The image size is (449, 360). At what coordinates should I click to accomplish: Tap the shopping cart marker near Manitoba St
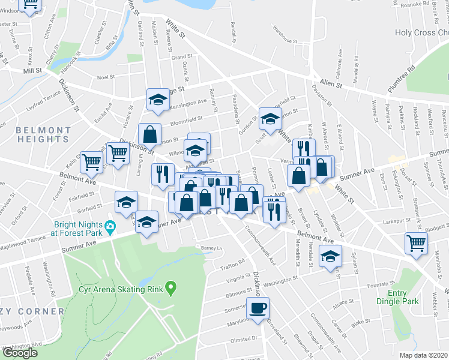point(417,244)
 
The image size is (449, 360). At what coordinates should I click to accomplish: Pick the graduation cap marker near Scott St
point(270,118)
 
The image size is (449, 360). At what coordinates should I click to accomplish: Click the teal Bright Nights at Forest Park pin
point(110,227)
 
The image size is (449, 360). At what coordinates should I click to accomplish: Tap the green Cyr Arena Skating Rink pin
point(171,289)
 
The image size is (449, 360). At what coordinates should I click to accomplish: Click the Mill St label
point(32,70)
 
